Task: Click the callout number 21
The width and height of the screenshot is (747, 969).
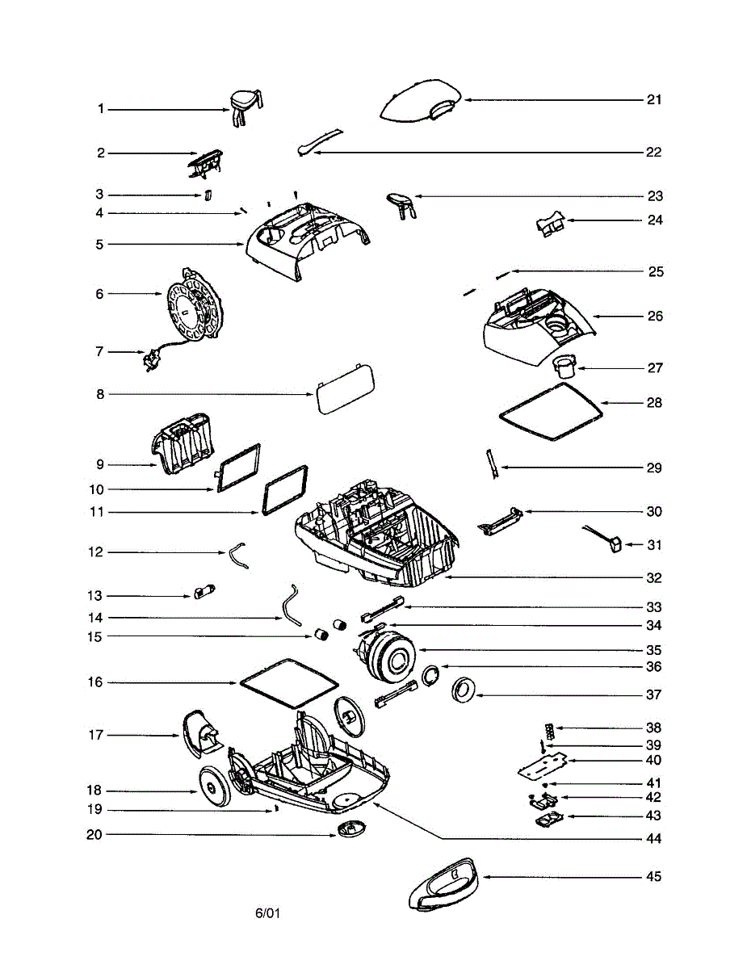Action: pos(653,100)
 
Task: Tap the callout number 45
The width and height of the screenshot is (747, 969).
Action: pos(653,877)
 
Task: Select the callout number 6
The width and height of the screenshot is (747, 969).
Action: pos(99,294)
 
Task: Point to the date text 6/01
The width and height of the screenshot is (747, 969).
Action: pos(267,913)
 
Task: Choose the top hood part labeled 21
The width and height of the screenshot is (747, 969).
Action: pos(420,102)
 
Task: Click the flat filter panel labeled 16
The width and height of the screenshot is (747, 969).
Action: pos(287,681)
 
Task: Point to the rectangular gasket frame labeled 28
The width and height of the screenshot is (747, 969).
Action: pos(552,412)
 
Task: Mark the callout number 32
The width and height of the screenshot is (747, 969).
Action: pos(653,578)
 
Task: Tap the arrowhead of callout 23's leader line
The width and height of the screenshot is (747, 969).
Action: pos(417,196)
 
